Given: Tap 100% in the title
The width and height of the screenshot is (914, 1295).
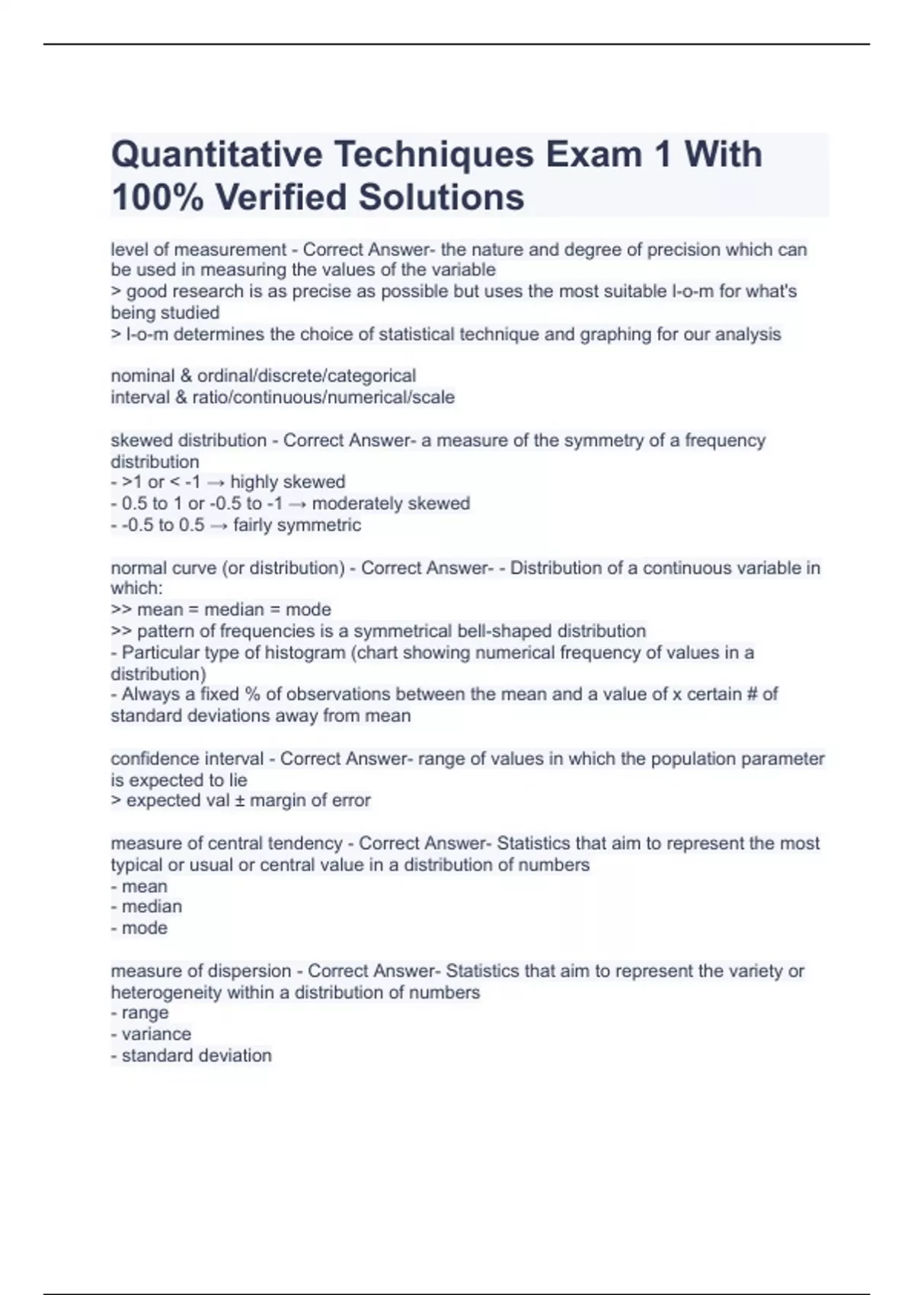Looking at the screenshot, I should pos(157,197).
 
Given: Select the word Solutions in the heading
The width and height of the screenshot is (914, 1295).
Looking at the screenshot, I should pos(441,197).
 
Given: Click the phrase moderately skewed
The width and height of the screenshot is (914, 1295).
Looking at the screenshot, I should pos(391,504).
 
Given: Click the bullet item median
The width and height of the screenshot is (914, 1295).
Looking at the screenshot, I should pos(152,906).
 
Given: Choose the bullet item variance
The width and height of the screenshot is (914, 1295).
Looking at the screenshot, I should pos(156,1034).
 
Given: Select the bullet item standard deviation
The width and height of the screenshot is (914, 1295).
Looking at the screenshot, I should pos(197,1056).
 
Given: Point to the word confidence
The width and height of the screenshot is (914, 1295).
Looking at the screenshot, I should pos(149,759).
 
